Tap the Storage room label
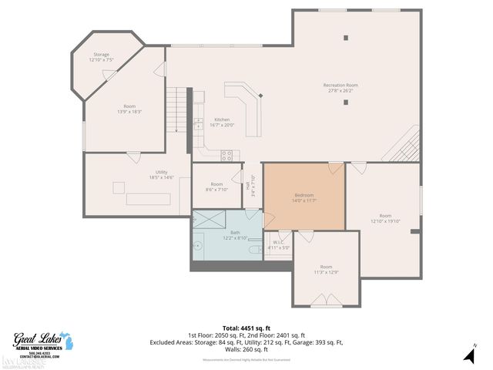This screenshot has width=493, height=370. coord(101,57)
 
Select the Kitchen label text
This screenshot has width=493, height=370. coord(222,122)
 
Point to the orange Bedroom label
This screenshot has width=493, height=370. coord(305,198)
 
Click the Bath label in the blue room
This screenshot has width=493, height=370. coord(235,235)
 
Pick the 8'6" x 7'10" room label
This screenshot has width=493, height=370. coord(217,187)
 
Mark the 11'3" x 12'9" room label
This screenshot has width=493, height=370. coord(326,269)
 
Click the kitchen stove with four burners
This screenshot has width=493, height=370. coord(227,154)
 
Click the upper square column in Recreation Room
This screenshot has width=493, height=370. coord(346,38)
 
